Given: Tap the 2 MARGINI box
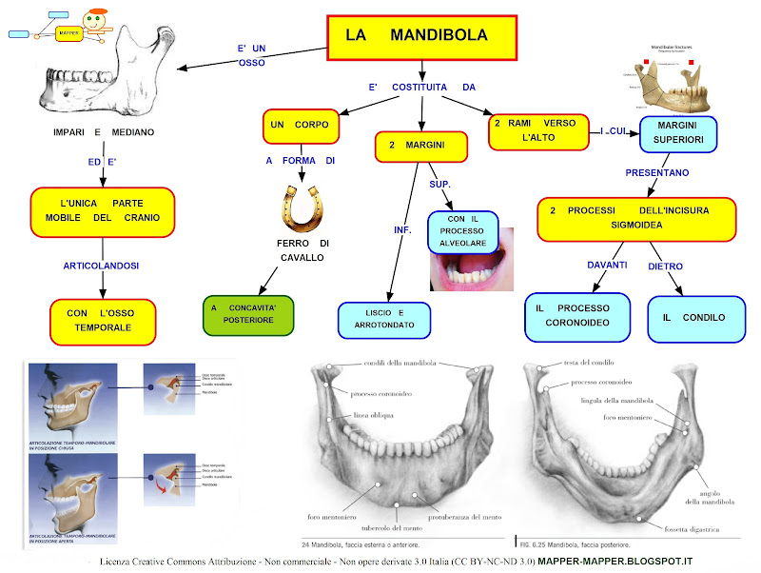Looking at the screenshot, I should click(421, 147).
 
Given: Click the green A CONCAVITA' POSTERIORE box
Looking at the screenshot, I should click(247, 315).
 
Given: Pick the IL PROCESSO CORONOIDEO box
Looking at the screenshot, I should click(576, 317).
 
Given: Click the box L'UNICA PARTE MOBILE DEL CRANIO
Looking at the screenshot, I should click(103, 210).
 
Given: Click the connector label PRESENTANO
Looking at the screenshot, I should click(657, 172).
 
